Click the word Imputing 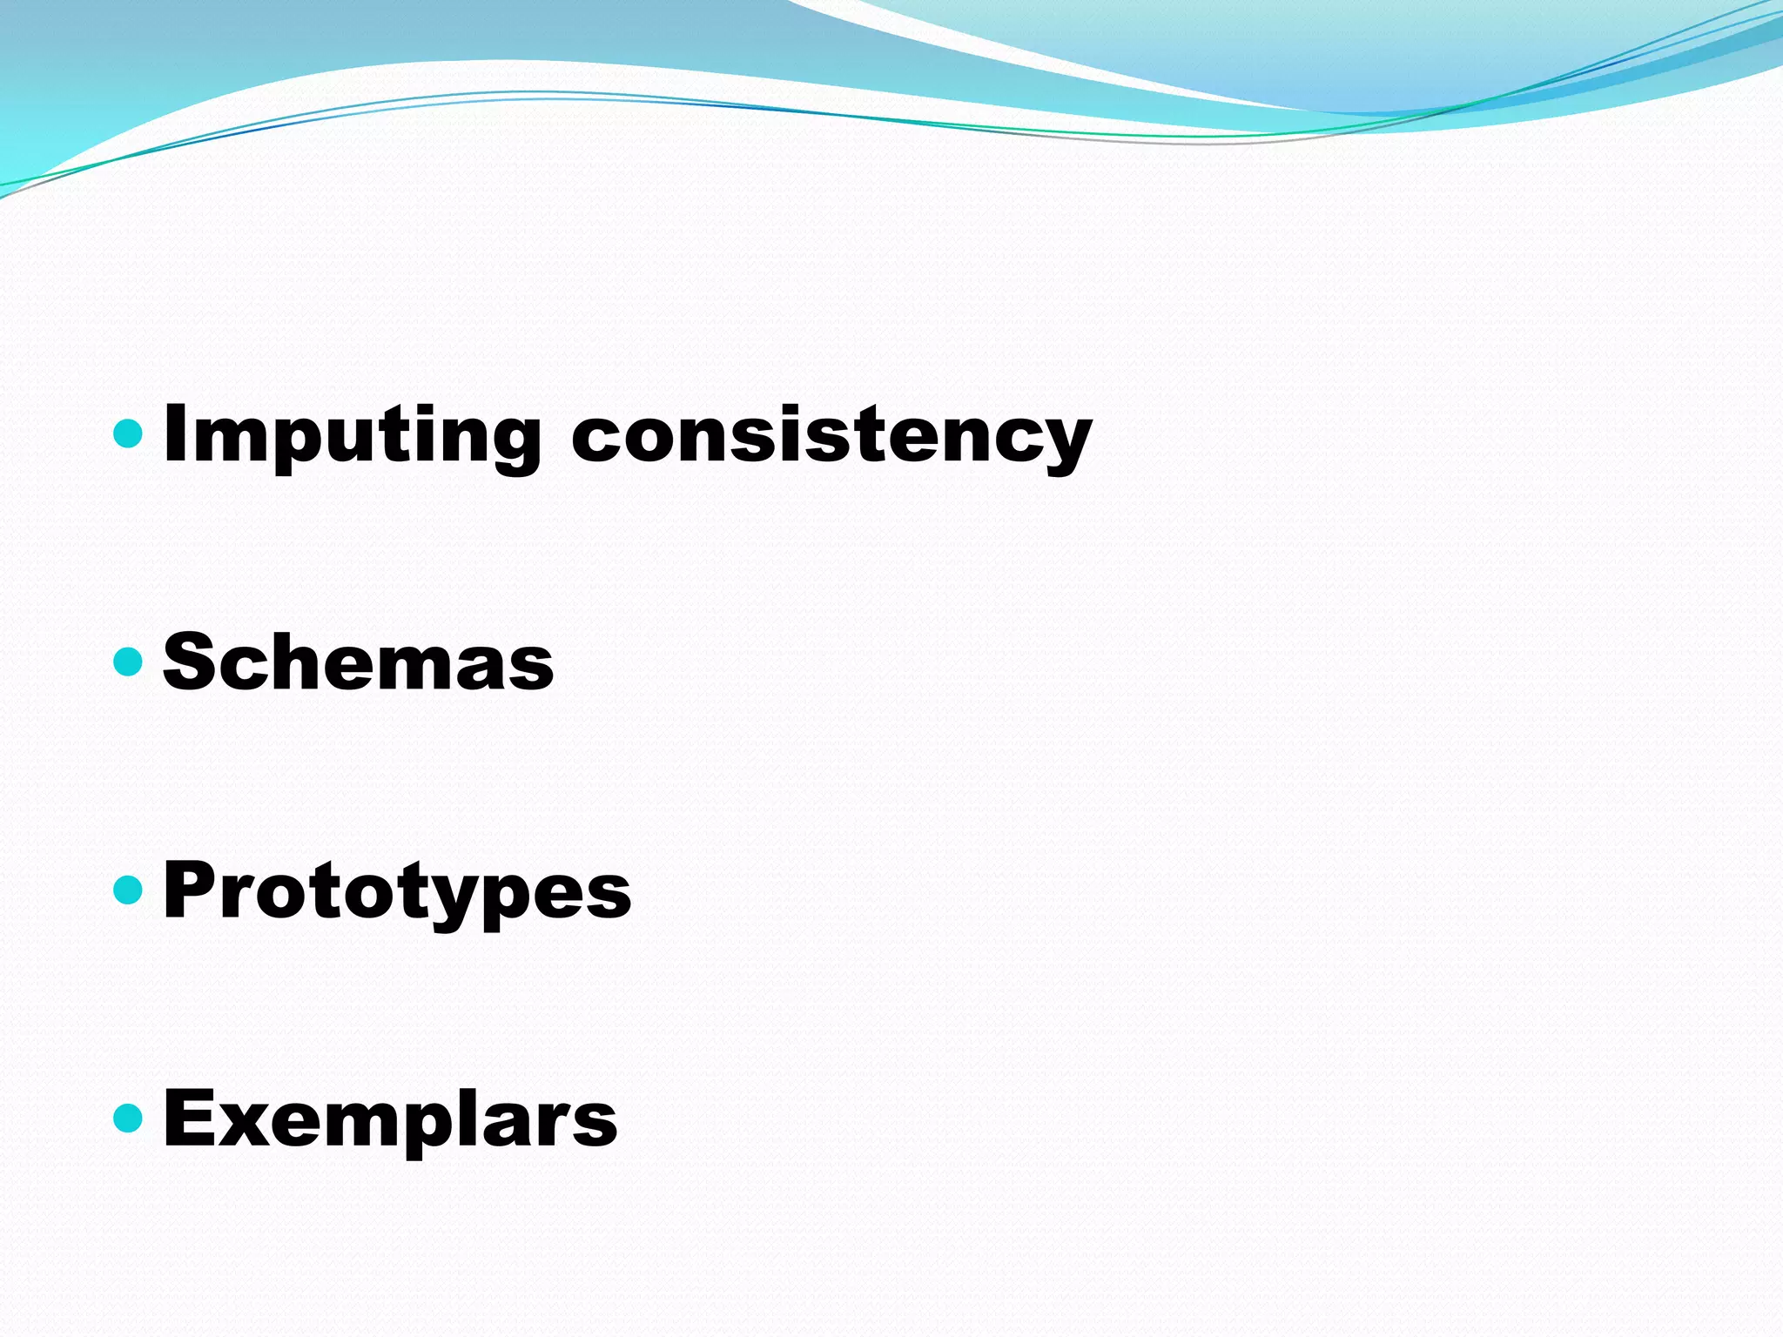pos(352,435)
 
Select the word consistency pos(831,435)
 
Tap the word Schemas pos(358,662)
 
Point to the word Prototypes pos(397,891)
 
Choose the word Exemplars pos(390,1119)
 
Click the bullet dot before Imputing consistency pos(128,433)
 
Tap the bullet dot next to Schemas pos(128,662)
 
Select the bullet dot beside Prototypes pos(128,890)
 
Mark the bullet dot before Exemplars pos(128,1118)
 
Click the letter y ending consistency pos(1063,444)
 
